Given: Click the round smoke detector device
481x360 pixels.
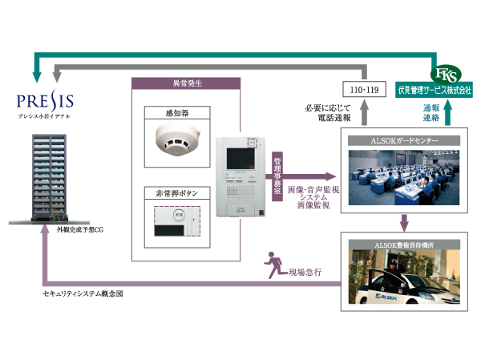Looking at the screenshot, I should pos(175,142).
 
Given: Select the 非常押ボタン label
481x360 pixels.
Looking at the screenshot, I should pos(174,193).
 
